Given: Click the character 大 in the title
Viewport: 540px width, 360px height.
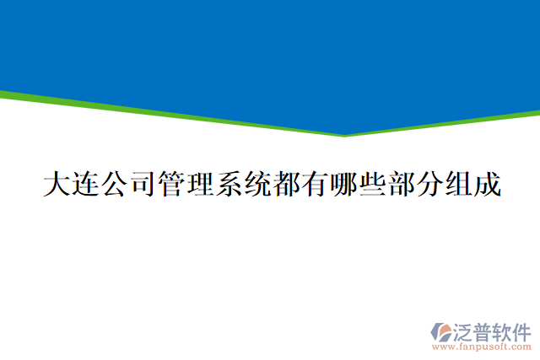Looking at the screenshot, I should tap(57, 185).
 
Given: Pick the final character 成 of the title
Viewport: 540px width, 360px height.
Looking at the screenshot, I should tap(487, 185).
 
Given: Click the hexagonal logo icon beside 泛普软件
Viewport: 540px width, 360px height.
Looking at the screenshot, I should tap(442, 332).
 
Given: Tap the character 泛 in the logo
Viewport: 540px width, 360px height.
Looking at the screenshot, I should tap(465, 330).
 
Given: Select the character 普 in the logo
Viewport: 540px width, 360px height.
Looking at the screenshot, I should tap(484, 330).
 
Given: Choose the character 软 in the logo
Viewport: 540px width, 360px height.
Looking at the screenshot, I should tap(504, 330).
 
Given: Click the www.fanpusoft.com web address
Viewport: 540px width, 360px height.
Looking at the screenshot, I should tap(482, 346).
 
